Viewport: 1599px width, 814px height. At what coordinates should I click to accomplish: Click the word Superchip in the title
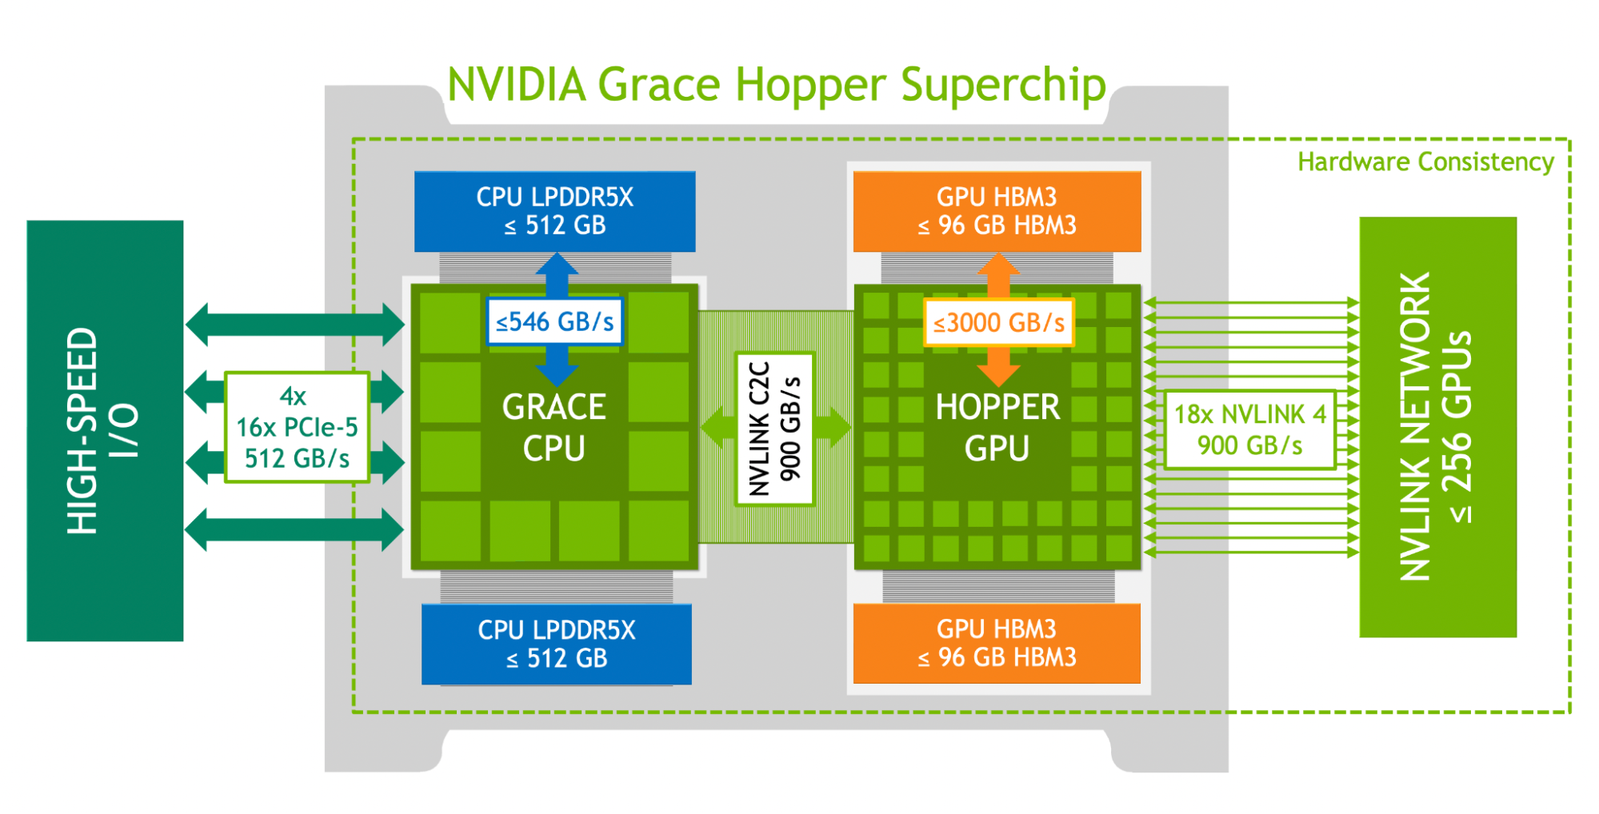point(1003,85)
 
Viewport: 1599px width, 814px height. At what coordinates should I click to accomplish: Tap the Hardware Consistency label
point(1425,162)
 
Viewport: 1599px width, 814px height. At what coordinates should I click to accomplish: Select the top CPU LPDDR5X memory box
point(554,211)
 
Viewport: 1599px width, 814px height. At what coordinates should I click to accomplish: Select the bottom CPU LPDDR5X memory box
point(556,644)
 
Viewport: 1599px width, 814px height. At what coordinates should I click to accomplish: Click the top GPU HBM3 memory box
point(997,211)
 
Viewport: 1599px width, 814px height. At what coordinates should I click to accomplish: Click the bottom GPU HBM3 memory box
point(997,643)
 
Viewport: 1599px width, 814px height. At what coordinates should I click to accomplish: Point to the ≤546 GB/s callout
point(554,322)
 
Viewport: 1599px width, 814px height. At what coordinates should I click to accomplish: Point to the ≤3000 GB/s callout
point(998,323)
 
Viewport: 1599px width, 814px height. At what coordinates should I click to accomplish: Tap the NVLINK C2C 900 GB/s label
point(774,429)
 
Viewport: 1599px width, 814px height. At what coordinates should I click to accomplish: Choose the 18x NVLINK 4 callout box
point(1249,429)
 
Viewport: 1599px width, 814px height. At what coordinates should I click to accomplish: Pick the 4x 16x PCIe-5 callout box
point(297,427)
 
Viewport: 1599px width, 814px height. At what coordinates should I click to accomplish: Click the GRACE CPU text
point(554,428)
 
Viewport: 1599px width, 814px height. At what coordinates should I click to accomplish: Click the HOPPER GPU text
point(997,428)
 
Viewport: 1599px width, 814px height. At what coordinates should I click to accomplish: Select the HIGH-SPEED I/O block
point(105,430)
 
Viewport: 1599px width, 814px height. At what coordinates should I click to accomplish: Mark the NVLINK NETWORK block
point(1437,427)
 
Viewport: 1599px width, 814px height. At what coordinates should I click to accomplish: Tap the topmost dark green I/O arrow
point(295,325)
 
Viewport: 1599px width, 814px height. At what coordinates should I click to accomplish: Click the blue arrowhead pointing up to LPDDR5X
point(557,265)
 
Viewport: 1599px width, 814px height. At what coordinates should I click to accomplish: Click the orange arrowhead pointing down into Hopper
point(998,374)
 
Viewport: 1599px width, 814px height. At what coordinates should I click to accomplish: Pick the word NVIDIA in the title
point(517,85)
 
